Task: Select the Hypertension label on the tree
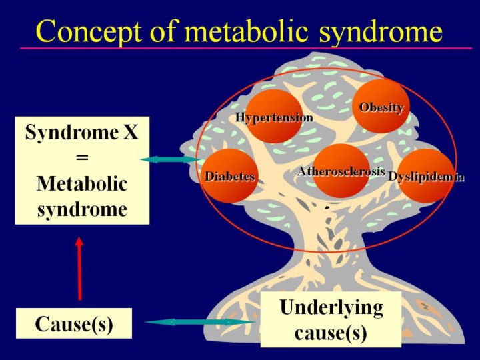point(274,117)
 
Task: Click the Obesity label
point(381,107)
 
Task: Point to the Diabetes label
point(230,177)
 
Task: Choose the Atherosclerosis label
point(341,171)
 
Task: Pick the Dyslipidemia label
point(426,177)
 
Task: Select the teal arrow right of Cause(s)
point(200,322)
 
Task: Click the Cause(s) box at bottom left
point(74,324)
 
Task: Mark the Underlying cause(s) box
point(331,320)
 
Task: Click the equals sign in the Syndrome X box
point(81,158)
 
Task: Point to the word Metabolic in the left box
point(81,183)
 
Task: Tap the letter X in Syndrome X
point(131,133)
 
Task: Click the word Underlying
point(331,308)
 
